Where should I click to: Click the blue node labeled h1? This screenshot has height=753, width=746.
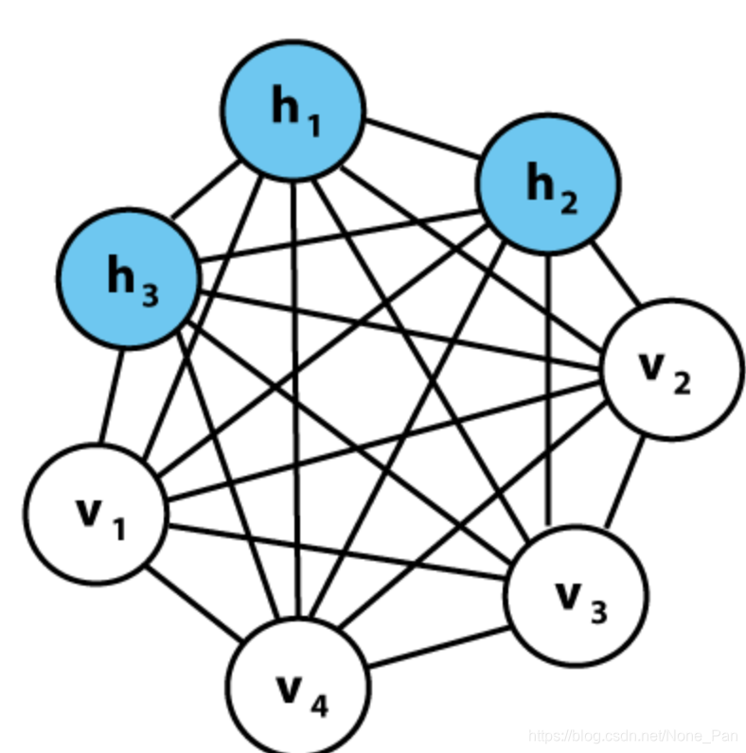[x=293, y=109]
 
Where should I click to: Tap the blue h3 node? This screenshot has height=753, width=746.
[x=128, y=277]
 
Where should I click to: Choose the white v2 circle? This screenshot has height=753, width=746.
[x=671, y=368]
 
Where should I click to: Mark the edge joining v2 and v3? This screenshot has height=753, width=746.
[x=626, y=482]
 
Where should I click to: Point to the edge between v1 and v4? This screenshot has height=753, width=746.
[x=193, y=602]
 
